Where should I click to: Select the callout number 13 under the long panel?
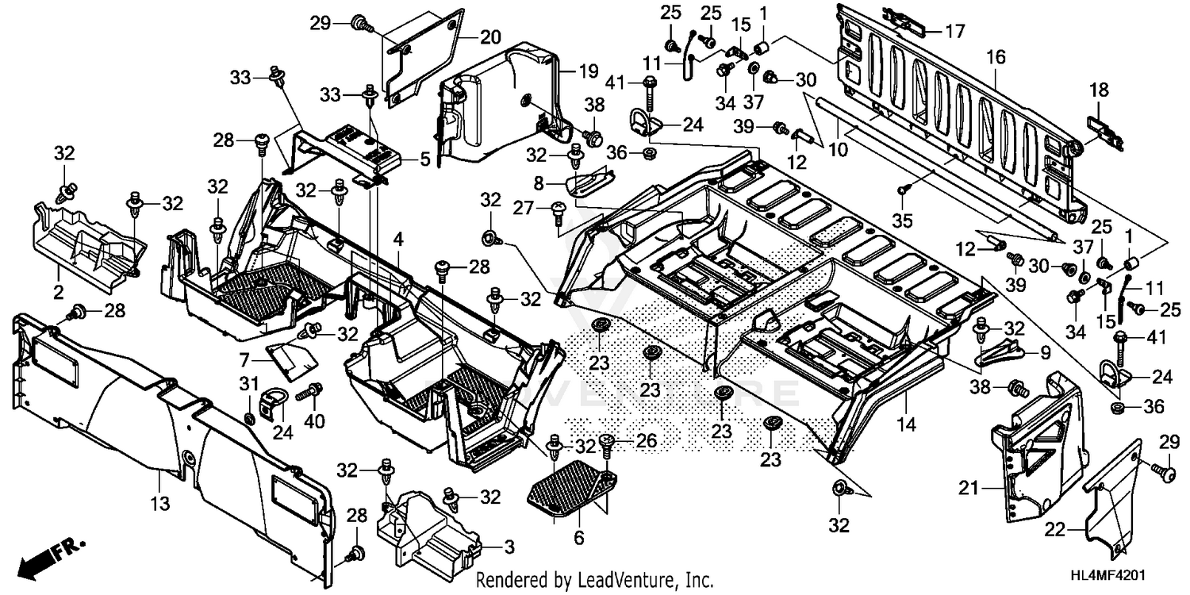point(159,502)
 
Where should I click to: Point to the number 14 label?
point(907,425)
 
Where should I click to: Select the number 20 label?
point(490,37)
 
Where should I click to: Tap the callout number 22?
point(1077,529)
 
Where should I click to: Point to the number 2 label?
point(58,293)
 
